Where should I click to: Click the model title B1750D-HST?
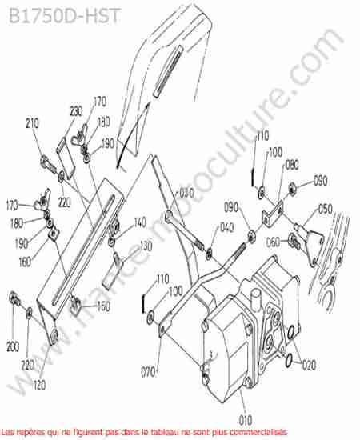coord(65,16)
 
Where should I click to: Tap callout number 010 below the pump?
coord(246,420)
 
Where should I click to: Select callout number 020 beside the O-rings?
coord(309,365)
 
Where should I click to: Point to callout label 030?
coord(186,193)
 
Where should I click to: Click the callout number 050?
coord(326,209)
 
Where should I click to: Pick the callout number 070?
coord(148,372)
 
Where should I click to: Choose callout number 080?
coord(291,165)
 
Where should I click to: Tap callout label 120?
coord(39,385)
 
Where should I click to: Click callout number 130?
coord(146,246)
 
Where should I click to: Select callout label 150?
coord(103,306)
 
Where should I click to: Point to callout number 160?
coord(25,262)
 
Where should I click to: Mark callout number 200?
coord(13,347)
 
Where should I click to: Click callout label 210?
coord(32,123)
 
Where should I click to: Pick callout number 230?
coord(76,111)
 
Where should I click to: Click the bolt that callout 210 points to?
coord(49,165)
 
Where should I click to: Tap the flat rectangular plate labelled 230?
coord(66,158)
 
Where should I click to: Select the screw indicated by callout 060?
coord(294,242)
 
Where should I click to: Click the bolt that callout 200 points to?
coord(14,299)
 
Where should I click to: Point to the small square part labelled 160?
coord(54,234)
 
